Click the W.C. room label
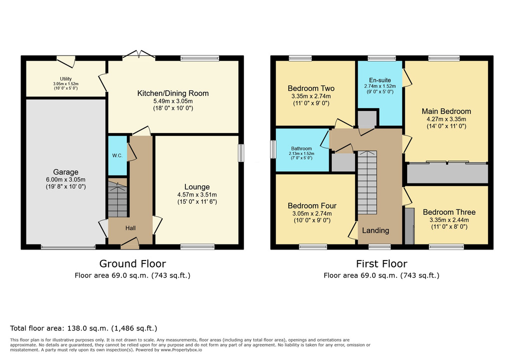tap(117, 155)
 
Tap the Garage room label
tap(65, 172)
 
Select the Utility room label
tap(65, 79)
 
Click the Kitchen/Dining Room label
tap(173, 93)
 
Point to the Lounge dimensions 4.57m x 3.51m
tap(197, 194)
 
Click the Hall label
tap(130, 228)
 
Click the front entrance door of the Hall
tap(130, 243)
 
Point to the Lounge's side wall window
tap(241, 153)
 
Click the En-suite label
tap(380, 80)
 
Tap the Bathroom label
tap(302, 148)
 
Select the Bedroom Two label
tap(311, 88)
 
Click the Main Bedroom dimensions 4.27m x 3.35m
tap(446, 119)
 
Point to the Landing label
tap(376, 230)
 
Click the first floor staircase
tap(367, 182)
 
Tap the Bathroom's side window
tap(273, 149)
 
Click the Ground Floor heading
tap(132, 263)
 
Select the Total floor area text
tap(83, 328)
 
